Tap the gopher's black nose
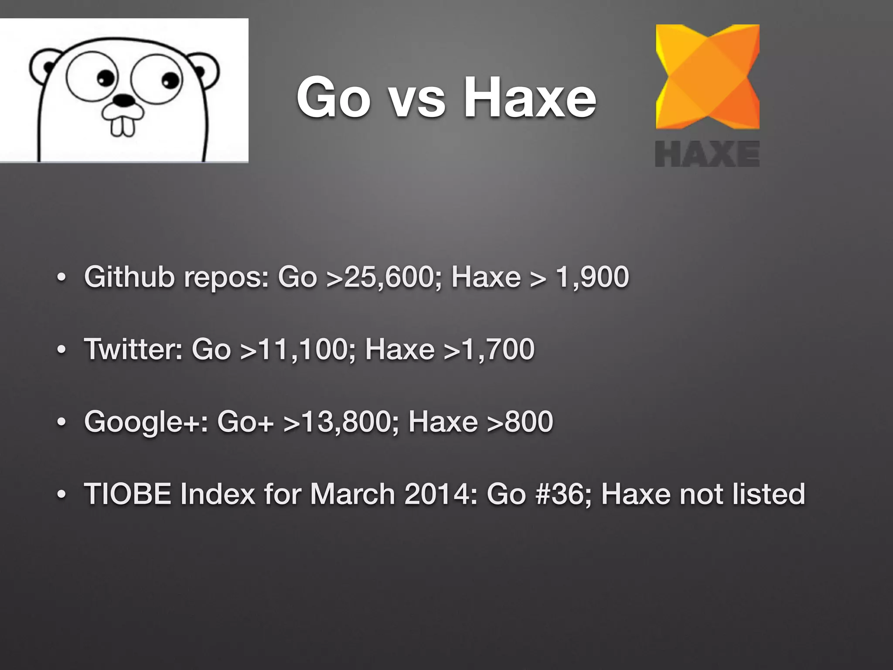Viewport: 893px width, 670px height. (124, 101)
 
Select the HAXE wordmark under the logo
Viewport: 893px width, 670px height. (707, 154)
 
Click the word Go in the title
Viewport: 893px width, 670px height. (333, 97)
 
